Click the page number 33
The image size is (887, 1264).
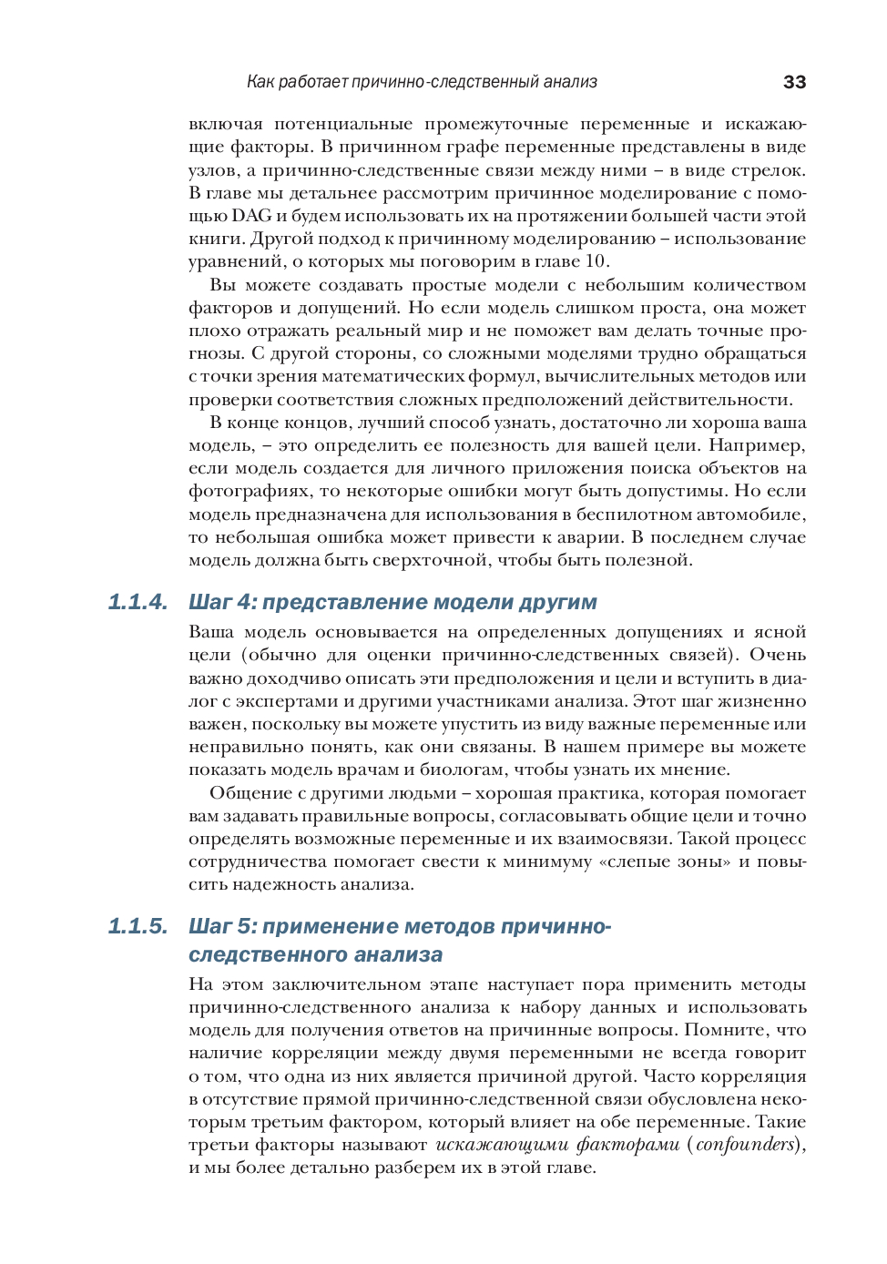tap(794, 82)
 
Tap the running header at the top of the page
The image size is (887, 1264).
tap(422, 82)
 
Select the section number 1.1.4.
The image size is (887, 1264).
tap(138, 602)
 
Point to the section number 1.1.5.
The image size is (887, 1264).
tap(138, 926)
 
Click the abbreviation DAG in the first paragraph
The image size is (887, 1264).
tap(251, 216)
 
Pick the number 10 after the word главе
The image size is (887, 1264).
tap(596, 261)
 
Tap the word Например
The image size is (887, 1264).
tap(756, 445)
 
